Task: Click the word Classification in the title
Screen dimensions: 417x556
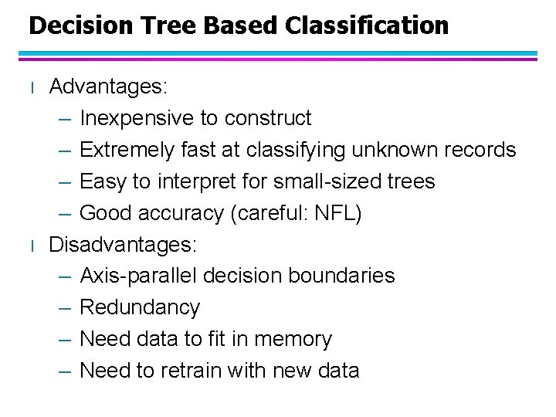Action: point(366,25)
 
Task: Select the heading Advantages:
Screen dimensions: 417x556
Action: point(108,86)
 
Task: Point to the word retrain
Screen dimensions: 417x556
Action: point(192,371)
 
